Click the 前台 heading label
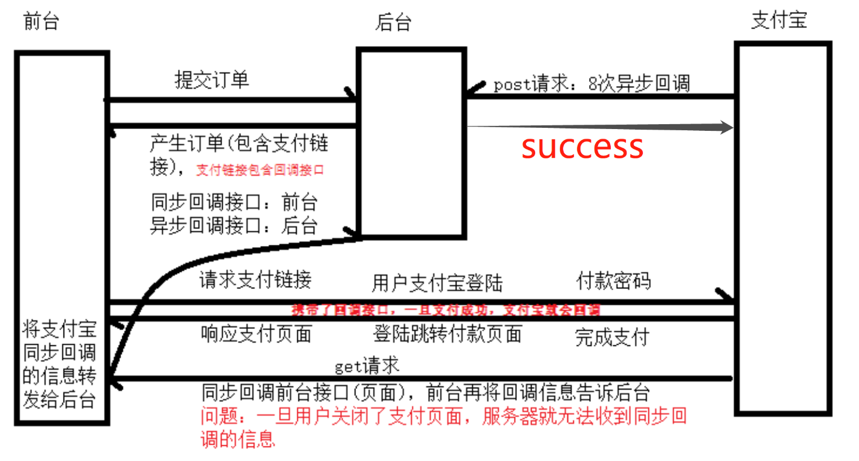pos(41,21)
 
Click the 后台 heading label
pos(393,22)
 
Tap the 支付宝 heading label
pos(778,20)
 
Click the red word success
pos(582,147)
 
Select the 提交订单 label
pos(211,79)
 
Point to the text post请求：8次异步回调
pos(591,84)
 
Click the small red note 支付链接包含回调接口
pos(260,170)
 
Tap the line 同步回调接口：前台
pos(234,202)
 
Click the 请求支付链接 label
pos(255,279)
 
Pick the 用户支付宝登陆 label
pos(437,283)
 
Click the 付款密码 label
pos(613,280)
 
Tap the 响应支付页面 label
pos(256,334)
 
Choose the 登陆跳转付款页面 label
pos(447,334)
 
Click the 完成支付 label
pos(611,337)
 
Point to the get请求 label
pos(367,365)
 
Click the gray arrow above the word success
pos(599,127)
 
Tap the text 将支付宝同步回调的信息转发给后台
pos(59,365)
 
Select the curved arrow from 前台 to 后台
pos(157,279)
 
